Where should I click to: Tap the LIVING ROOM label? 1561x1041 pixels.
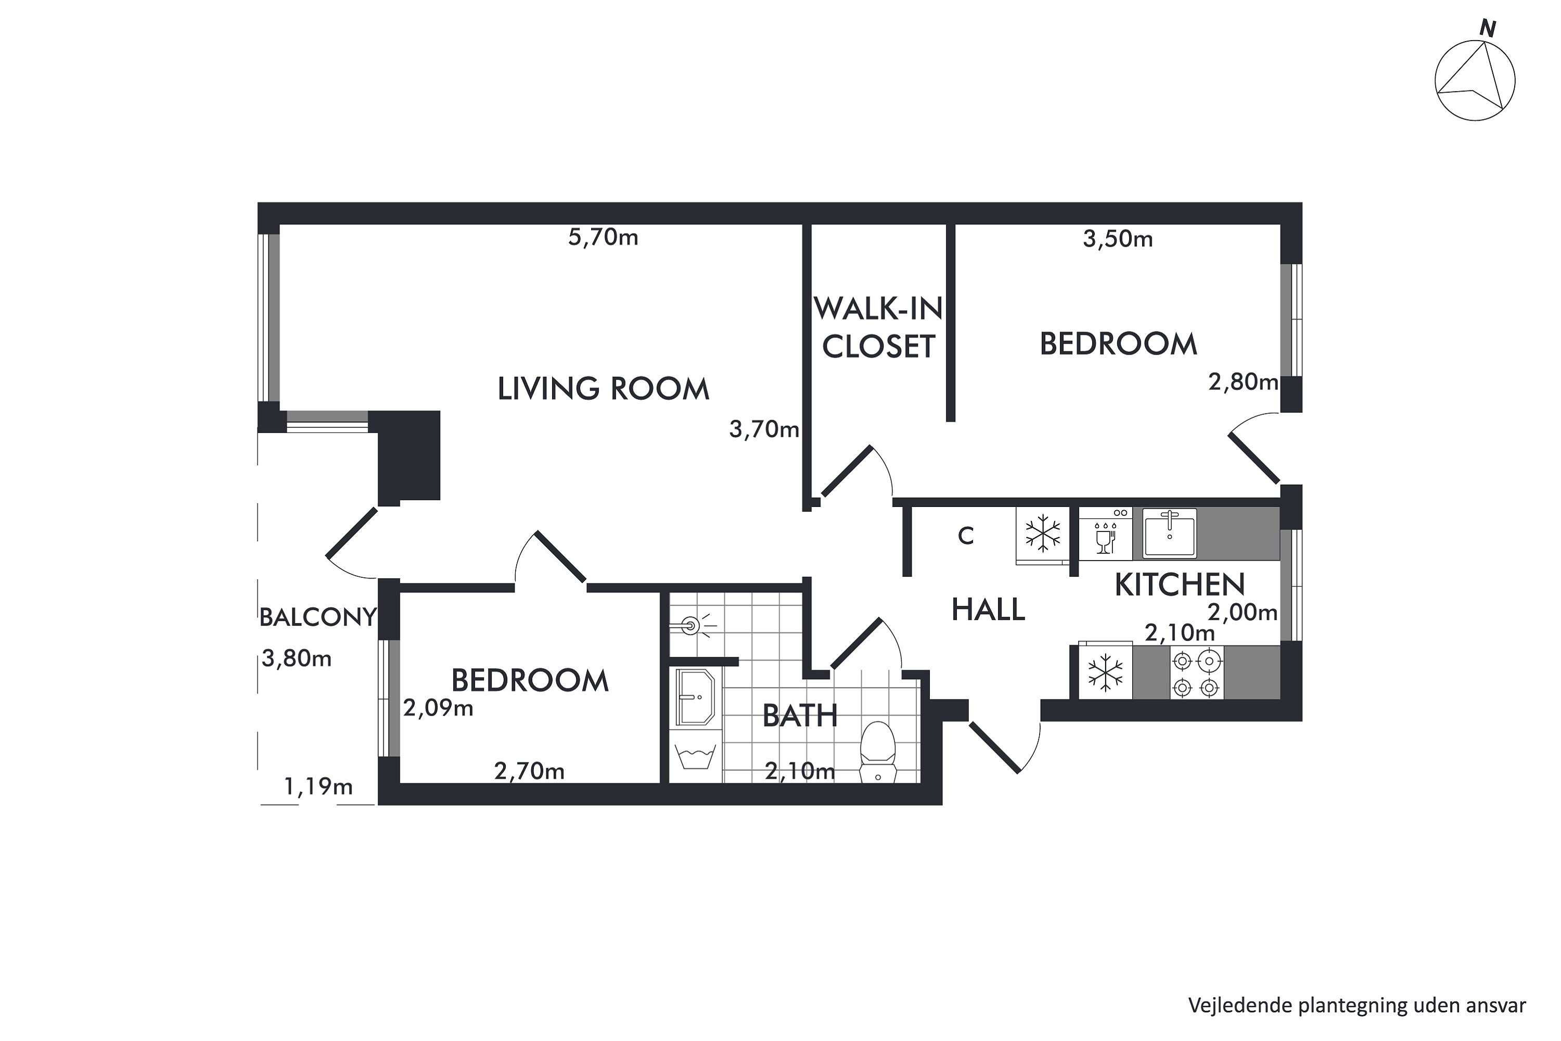[x=603, y=389]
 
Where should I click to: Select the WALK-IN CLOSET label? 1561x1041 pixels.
[x=878, y=327]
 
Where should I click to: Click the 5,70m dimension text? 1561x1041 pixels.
[x=603, y=237]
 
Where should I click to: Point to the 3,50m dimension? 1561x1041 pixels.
[x=1118, y=239]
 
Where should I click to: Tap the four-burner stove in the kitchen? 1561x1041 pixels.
[x=1197, y=672]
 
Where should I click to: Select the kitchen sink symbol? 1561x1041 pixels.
[x=1169, y=533]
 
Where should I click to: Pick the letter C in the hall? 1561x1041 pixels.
[x=966, y=536]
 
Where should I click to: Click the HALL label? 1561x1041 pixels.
[x=988, y=610]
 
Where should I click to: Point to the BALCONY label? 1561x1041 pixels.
[x=318, y=617]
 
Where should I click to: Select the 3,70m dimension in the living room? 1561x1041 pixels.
[x=764, y=429]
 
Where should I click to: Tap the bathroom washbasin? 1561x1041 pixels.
[x=695, y=697]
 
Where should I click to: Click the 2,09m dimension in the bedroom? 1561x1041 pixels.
[x=438, y=709]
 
